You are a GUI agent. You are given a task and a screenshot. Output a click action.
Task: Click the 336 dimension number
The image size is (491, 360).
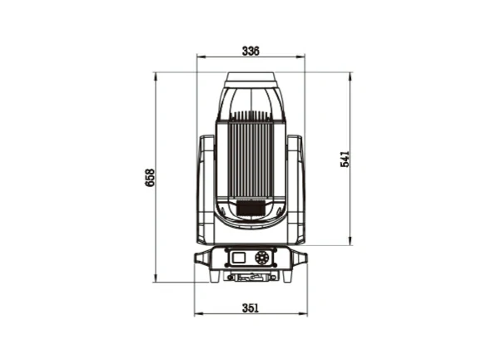(250, 51)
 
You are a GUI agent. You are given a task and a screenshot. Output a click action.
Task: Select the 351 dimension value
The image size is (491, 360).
(250, 308)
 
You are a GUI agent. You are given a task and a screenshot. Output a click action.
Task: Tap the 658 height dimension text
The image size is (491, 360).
(150, 178)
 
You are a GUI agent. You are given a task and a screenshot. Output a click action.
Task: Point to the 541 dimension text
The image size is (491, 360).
(345, 159)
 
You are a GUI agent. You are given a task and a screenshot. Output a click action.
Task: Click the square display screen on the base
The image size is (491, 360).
(239, 258)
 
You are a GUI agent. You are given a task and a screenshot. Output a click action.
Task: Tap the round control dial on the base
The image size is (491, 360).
(261, 258)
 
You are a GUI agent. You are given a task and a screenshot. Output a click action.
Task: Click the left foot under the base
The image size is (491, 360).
(215, 276)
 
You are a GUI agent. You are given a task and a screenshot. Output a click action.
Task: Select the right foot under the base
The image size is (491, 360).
(287, 276)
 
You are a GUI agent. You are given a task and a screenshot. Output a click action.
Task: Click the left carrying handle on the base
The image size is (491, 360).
(202, 259)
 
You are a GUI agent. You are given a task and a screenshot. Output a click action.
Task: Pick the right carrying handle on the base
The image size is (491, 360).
(300, 259)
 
